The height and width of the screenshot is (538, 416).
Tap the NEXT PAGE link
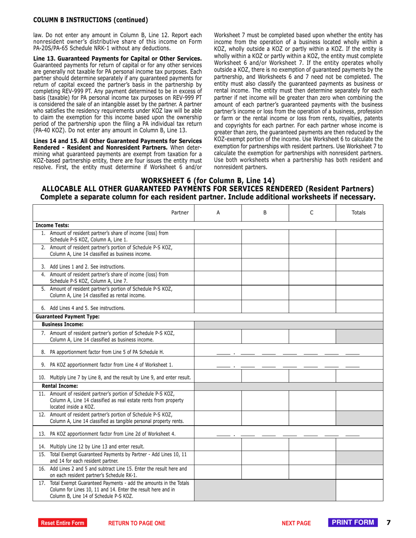coord(296,523)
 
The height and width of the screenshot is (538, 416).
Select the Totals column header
coord(359,213)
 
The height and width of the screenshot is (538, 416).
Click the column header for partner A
coord(218,213)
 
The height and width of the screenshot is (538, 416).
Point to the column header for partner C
coord(311,213)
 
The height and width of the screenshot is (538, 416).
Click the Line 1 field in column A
coord(218,236)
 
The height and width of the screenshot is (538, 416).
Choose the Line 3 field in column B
coord(264,266)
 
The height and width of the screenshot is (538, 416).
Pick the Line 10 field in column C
coord(311,376)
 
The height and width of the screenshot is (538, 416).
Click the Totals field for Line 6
coord(359,307)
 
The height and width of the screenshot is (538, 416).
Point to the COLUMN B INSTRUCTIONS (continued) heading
coord(91,20)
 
